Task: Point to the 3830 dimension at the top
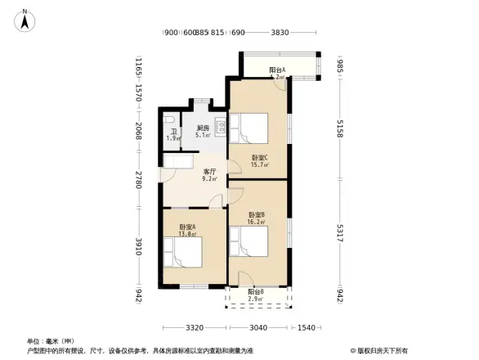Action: coord(280,33)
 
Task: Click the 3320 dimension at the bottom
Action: coord(194,328)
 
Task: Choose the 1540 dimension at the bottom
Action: coord(306,328)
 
